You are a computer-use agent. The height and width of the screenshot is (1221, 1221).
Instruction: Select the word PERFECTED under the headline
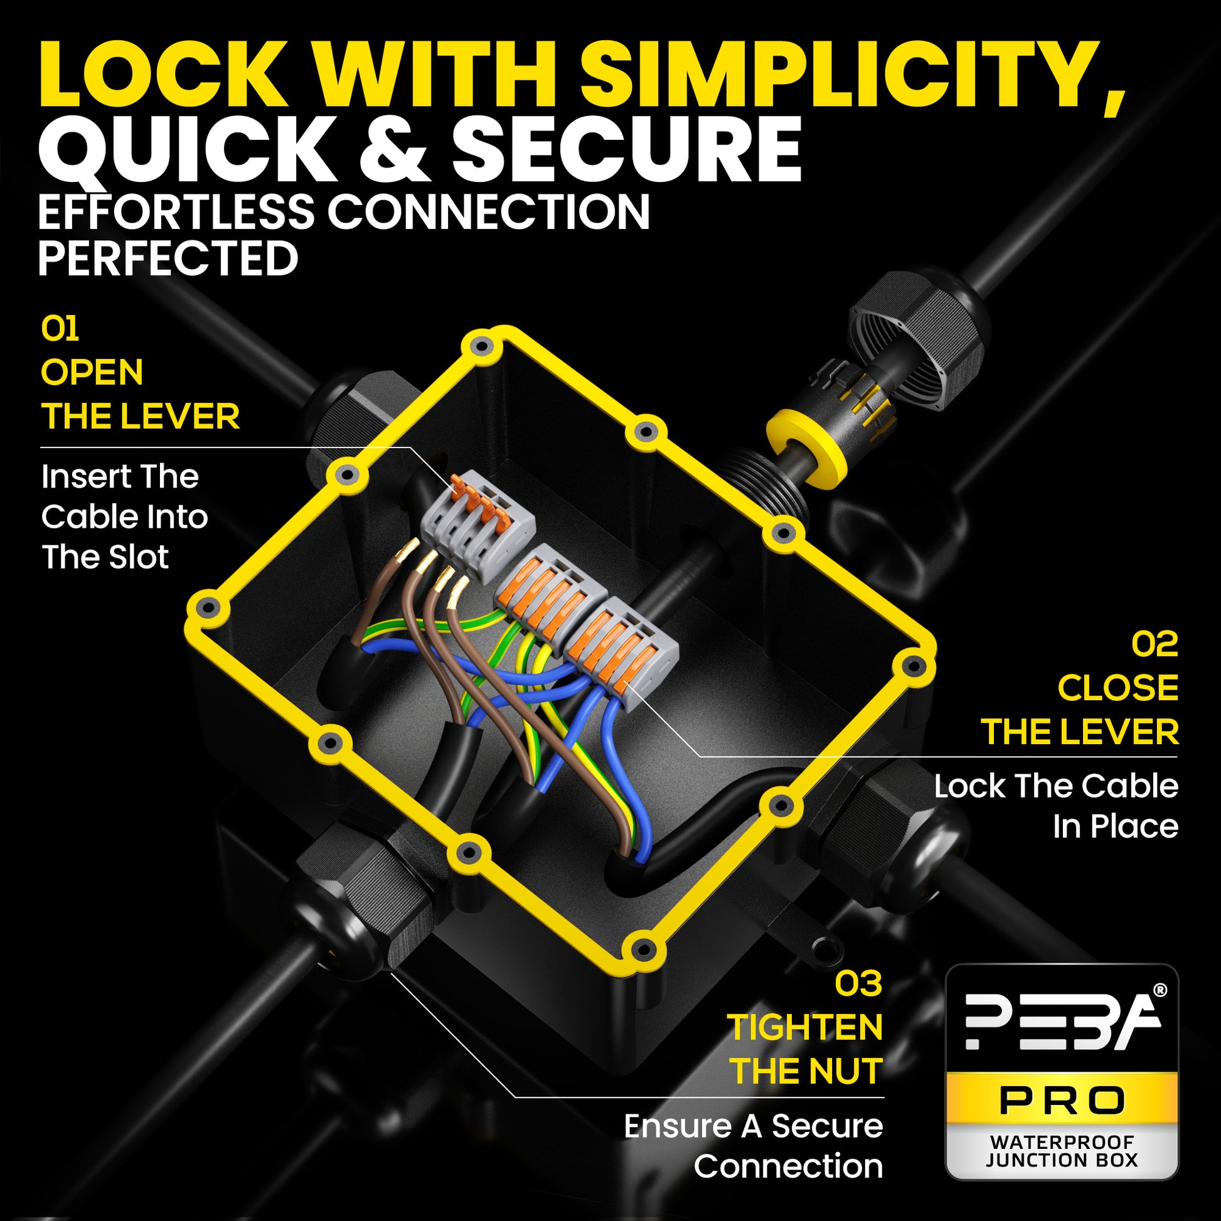tap(168, 259)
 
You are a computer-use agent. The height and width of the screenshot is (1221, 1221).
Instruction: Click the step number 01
tap(60, 329)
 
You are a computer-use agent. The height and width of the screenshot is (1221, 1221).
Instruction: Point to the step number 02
tap(1154, 644)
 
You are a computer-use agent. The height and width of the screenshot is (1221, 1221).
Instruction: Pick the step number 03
tap(858, 984)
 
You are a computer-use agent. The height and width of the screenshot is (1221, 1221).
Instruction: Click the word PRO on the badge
tap(1062, 1102)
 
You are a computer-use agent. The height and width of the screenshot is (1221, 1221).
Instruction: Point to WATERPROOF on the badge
tap(1062, 1142)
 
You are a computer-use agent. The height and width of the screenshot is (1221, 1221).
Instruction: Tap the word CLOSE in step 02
tap(1117, 688)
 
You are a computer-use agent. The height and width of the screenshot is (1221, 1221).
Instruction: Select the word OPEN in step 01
tap(92, 372)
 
